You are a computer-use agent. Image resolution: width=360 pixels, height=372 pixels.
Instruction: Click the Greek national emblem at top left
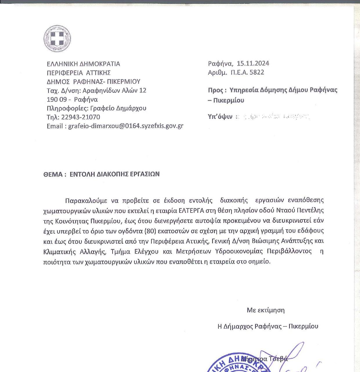point(57,39)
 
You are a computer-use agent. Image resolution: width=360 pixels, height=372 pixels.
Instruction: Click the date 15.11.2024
point(253,63)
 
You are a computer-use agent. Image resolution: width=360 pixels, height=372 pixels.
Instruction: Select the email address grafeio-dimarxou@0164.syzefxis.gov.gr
point(126,126)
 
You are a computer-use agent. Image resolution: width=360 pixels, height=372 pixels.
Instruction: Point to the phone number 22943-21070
point(81,117)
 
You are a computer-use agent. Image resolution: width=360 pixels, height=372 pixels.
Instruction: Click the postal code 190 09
point(57,99)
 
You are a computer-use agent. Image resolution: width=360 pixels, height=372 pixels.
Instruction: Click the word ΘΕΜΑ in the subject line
point(53,174)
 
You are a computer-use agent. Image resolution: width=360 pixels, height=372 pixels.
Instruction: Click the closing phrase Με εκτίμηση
point(265,310)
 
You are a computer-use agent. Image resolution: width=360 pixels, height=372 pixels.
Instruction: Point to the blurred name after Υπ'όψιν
point(273,117)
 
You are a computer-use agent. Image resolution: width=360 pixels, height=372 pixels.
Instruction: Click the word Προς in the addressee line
point(215,90)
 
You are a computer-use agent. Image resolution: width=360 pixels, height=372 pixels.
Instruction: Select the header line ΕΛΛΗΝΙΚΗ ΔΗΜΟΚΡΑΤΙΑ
point(83,64)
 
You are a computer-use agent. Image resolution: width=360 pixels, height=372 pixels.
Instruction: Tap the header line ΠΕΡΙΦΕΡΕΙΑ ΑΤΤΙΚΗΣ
point(79,72)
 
